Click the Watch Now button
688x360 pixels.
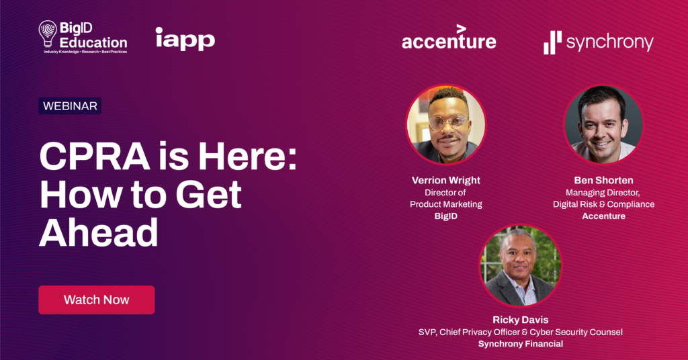pos(97,300)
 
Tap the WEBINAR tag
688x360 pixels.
pos(70,106)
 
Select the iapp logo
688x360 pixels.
pos(185,39)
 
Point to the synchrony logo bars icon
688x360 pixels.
pos(552,43)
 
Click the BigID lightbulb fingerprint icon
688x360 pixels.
pos(48,34)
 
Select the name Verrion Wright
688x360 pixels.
pos(446,180)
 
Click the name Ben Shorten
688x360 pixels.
pos(603,180)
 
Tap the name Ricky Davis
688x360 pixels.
pos(521,320)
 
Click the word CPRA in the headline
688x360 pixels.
pos(95,156)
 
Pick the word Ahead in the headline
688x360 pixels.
pos(99,232)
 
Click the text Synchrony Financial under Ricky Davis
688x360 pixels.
pos(521,344)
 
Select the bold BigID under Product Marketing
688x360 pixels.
pos(446,216)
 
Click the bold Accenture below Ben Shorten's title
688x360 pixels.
pos(604,216)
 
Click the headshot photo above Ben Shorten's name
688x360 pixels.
pos(603,124)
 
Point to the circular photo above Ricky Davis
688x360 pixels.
pos(521,266)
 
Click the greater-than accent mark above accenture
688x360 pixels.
pos(461,29)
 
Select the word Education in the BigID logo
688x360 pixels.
pos(93,42)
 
